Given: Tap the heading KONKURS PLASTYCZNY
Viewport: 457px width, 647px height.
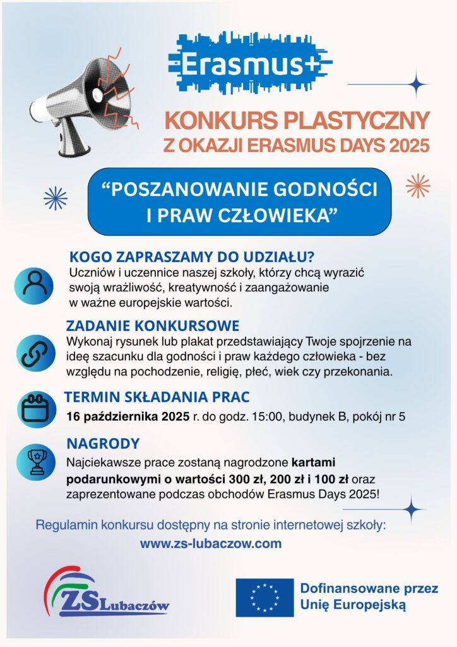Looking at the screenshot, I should pyautogui.click(x=297, y=119).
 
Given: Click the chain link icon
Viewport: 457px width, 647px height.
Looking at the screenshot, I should pyautogui.click(x=35, y=353).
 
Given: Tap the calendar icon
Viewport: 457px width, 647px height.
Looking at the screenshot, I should pyautogui.click(x=35, y=409).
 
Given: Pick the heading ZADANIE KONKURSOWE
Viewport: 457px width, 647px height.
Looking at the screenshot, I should pyautogui.click(x=153, y=326).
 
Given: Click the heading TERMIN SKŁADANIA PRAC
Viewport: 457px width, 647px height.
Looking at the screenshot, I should pyautogui.click(x=157, y=397).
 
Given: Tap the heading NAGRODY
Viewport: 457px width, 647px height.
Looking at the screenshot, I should pyautogui.click(x=103, y=444).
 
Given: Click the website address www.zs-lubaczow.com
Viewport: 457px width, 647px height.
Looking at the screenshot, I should pyautogui.click(x=211, y=543).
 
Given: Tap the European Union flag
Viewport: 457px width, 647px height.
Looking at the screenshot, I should pyautogui.click(x=264, y=597).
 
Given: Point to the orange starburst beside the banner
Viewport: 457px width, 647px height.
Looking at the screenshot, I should pyautogui.click(x=418, y=186).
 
